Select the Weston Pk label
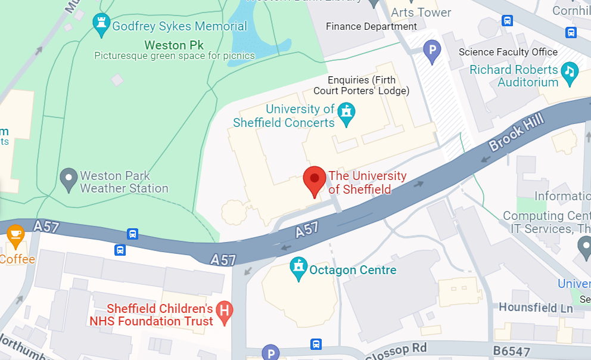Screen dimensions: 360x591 (x=174, y=45)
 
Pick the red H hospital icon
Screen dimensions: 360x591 (x=225, y=311)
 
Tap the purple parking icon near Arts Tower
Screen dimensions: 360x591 (x=432, y=51)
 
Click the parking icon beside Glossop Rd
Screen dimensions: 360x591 (x=271, y=353)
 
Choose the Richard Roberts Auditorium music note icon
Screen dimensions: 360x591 (x=570, y=71)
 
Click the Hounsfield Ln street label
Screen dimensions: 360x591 (x=536, y=308)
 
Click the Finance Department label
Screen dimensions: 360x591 (x=371, y=27)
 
